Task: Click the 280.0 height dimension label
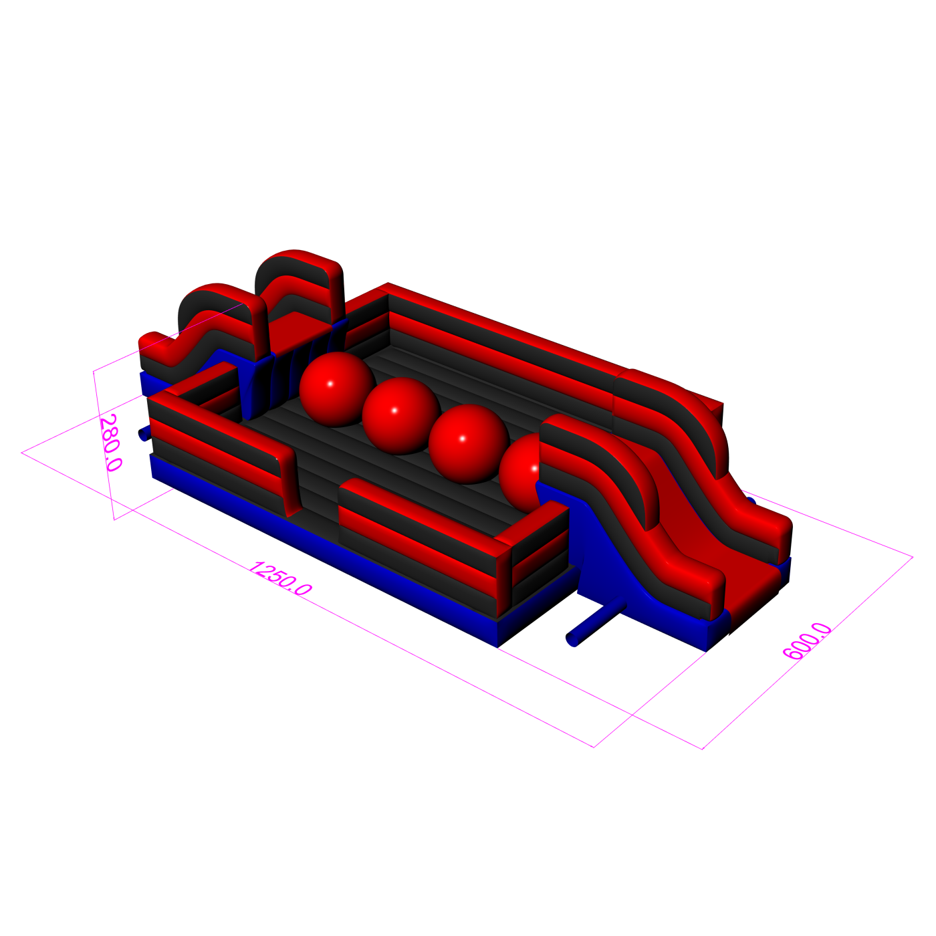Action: tap(110, 443)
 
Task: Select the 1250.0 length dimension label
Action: tap(281, 578)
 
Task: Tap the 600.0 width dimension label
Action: tap(807, 641)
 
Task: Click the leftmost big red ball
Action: tap(337, 389)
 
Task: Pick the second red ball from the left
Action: tap(400, 416)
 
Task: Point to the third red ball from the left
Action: tap(468, 444)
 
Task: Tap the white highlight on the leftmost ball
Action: tap(330, 384)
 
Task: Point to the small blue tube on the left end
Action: tap(143, 433)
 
